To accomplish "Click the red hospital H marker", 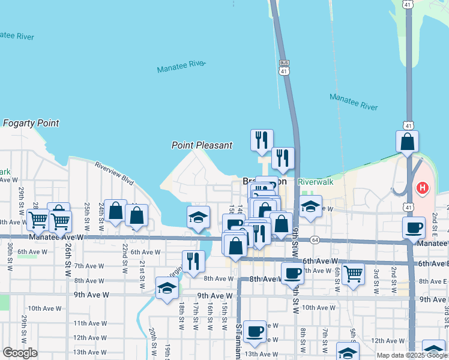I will tap(423, 188).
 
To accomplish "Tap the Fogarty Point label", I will tap(31, 124).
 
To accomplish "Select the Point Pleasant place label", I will tap(202, 145).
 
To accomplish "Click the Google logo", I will tap(20, 353).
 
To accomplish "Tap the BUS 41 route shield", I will tap(283, 67).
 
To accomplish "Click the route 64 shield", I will tap(315, 240).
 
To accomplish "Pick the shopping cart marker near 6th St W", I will tap(353, 274).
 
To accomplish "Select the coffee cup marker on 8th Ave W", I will tap(292, 274).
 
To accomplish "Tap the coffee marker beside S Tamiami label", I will tap(255, 331).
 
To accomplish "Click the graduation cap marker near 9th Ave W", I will tap(167, 288).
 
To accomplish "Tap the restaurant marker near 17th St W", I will tap(193, 261).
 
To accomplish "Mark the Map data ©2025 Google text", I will tap(411, 355).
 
